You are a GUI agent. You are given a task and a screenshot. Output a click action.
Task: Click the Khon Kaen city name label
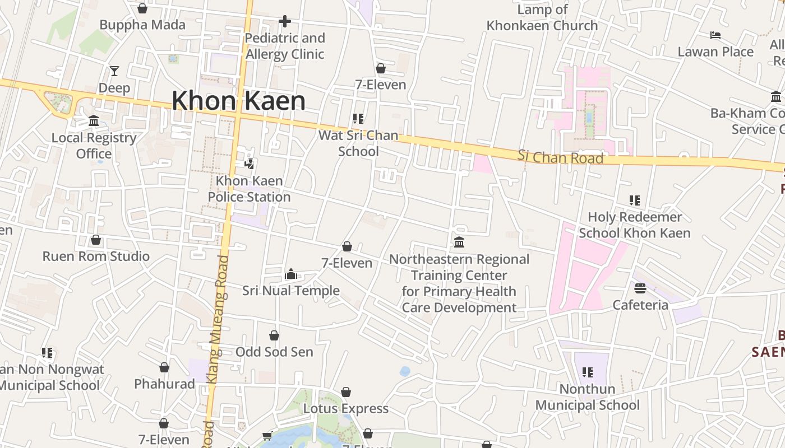(238, 101)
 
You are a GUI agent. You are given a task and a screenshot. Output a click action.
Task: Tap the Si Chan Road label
(560, 157)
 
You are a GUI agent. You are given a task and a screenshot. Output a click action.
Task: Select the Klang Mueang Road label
(217, 319)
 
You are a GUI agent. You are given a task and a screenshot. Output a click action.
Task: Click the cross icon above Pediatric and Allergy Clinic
(285, 21)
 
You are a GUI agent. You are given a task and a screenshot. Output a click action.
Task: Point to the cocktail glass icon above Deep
(114, 71)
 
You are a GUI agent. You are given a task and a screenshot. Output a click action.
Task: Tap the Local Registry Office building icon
(94, 121)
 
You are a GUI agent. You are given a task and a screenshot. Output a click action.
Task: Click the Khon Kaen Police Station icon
(250, 164)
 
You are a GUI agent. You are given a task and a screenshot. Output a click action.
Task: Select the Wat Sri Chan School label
(358, 143)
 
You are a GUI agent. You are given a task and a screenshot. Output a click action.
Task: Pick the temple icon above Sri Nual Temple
(291, 274)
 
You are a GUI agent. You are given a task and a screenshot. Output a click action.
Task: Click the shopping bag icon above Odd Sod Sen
(274, 335)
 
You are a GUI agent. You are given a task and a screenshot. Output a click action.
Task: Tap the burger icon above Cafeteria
(640, 288)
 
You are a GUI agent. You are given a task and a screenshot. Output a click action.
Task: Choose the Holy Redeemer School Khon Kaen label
(634, 225)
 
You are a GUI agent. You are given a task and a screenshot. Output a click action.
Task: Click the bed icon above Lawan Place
(715, 35)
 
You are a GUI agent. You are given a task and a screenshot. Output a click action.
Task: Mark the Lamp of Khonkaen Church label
(542, 17)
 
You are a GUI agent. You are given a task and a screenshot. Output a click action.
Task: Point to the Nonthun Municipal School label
(587, 396)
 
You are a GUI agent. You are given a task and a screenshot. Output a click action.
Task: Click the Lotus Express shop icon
(346, 392)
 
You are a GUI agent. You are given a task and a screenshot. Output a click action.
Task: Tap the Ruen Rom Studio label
(96, 256)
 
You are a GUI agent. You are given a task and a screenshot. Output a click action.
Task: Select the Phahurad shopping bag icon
(164, 367)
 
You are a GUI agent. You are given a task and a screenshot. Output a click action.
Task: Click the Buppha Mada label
(142, 25)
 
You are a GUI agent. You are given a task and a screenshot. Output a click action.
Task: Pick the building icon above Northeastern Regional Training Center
(459, 242)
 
